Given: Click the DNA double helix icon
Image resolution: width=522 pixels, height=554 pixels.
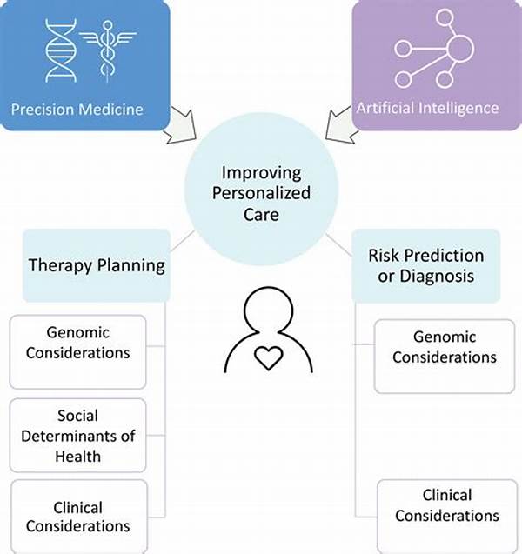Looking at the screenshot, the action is [61, 50].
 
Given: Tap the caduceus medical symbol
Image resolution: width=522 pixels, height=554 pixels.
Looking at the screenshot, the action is [108, 50].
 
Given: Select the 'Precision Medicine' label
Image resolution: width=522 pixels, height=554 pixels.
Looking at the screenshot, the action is [77, 110].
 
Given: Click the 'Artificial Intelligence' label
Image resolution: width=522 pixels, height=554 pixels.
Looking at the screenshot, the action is [427, 108].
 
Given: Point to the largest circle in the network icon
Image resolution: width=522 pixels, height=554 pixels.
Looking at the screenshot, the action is [460, 49].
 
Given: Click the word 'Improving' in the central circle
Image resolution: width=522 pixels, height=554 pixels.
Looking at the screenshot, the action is [262, 173].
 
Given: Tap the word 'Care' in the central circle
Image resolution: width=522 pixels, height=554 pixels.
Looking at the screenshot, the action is [261, 215].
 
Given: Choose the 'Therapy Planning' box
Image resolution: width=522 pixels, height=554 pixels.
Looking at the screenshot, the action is [97, 265].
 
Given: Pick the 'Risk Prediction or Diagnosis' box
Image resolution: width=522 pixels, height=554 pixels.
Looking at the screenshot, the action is [426, 265].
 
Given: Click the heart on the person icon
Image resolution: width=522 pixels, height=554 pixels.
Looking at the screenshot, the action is [269, 358].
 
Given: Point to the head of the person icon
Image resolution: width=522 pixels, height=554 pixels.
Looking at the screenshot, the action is [269, 310].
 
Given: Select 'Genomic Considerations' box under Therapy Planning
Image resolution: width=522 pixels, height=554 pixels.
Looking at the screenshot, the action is [77, 352].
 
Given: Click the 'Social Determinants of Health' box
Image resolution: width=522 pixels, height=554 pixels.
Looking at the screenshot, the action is [77, 435].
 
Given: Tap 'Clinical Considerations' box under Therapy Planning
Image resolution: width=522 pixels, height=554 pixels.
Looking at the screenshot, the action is [79, 517].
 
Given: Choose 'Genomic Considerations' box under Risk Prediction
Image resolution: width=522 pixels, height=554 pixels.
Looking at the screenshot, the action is [445, 357].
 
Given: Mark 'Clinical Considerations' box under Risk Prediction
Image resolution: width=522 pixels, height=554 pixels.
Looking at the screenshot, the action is [447, 517].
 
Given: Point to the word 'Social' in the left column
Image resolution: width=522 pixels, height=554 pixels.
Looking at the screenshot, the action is [77, 416].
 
